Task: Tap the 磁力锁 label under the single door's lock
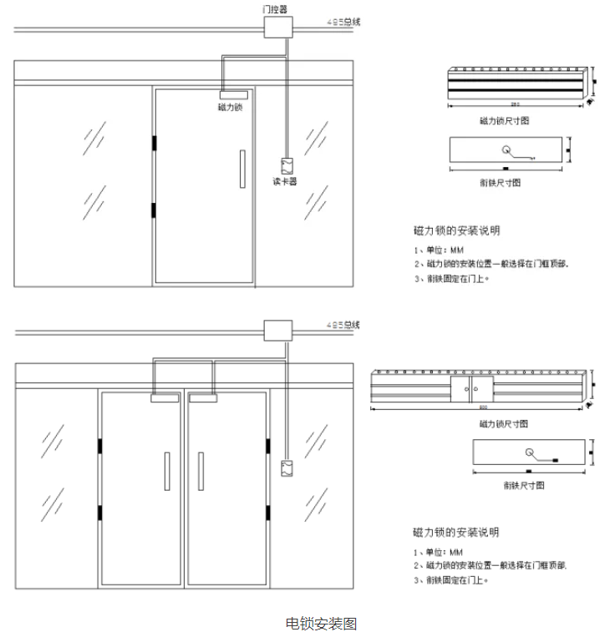click(230, 107)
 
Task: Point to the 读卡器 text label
click(285, 181)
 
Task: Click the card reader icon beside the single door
click(286, 164)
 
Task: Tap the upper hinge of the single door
click(155, 144)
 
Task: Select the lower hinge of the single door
click(155, 210)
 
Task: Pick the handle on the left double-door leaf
click(168, 471)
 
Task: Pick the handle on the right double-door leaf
click(201, 471)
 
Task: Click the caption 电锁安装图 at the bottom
click(321, 623)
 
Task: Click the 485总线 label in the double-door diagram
click(343, 324)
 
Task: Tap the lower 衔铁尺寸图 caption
click(524, 485)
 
